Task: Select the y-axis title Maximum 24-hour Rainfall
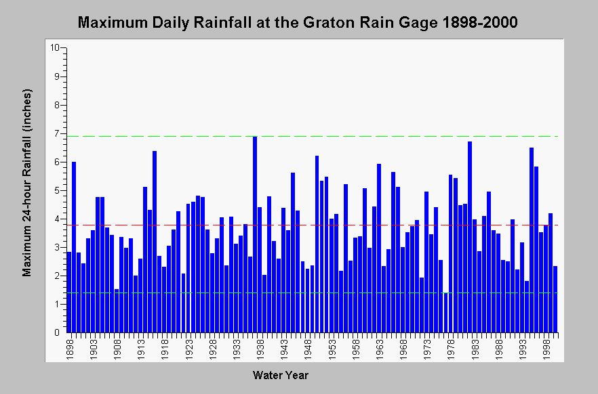[26, 202]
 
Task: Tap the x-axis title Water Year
[280, 375]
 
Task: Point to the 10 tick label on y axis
[54, 47]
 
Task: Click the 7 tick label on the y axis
[57, 133]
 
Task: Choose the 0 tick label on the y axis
[57, 332]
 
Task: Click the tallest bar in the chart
[255, 234]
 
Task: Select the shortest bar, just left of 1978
[445, 312]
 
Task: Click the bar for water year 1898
[69, 292]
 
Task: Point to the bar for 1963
[379, 248]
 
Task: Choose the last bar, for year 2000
[555, 299]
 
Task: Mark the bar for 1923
[188, 268]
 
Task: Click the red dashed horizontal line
[313, 225]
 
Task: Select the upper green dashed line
[313, 136]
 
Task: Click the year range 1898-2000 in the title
[480, 22]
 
